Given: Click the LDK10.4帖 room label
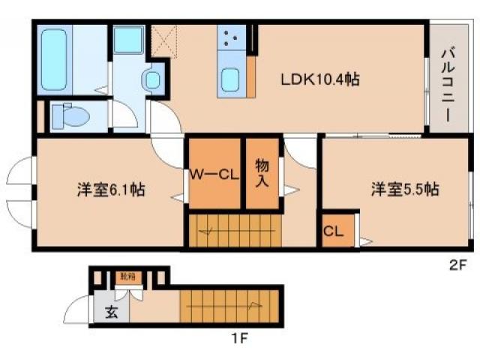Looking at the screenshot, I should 319,79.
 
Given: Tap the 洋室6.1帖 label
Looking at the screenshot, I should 110,190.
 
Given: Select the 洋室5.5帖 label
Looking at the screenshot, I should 403,190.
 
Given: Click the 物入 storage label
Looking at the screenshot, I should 262,173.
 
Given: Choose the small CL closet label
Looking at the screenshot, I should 334,232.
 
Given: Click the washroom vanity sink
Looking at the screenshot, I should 153,79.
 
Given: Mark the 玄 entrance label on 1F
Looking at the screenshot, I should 110,313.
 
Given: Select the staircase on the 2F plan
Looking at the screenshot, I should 232,230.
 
